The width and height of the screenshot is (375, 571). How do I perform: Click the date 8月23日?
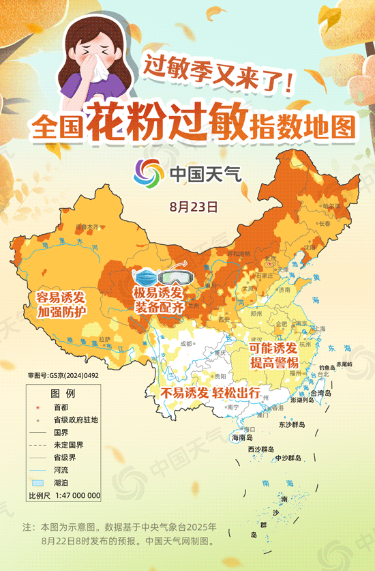(194, 205)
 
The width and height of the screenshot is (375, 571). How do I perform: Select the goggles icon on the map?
(174, 277)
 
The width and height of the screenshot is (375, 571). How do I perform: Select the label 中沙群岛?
(290, 458)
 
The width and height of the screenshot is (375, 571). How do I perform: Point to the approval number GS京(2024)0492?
(63, 375)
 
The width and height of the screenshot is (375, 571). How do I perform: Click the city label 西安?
(224, 319)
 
